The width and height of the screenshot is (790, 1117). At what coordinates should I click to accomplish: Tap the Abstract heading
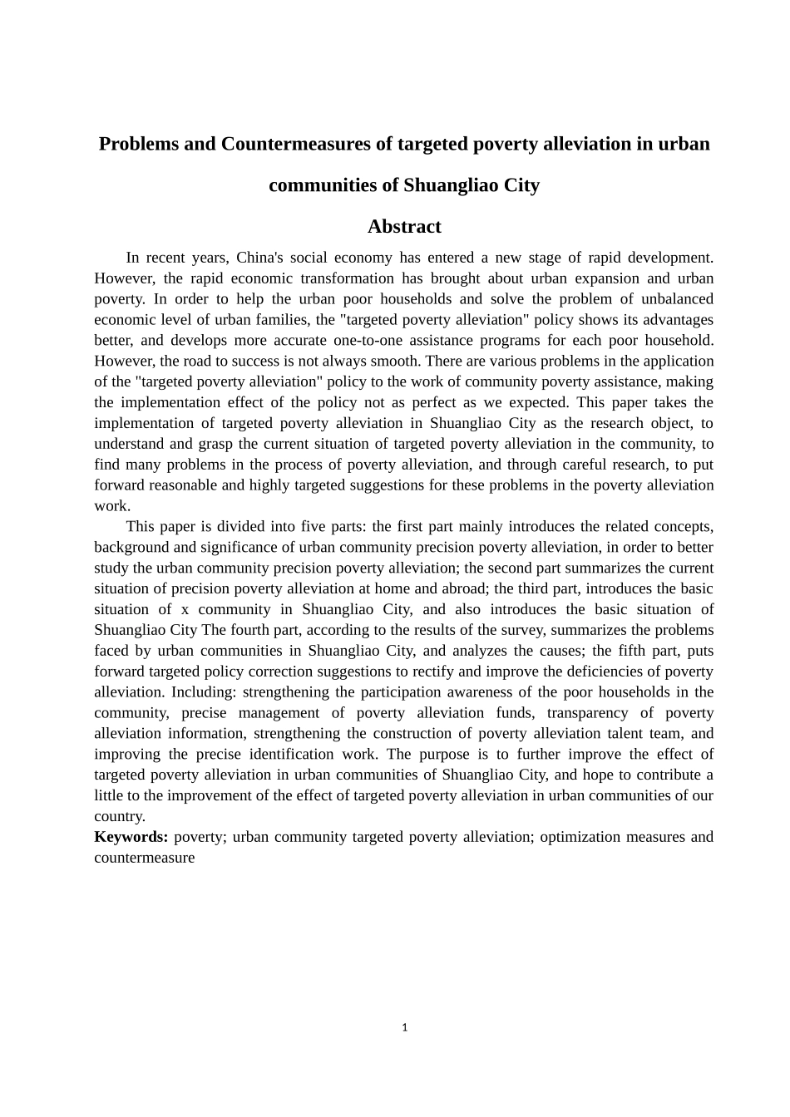point(404,226)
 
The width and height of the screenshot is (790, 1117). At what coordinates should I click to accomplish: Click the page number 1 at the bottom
point(404,1027)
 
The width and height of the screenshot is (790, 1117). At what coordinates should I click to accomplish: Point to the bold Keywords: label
point(131,837)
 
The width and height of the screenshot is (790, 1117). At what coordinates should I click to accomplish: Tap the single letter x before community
point(185,609)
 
